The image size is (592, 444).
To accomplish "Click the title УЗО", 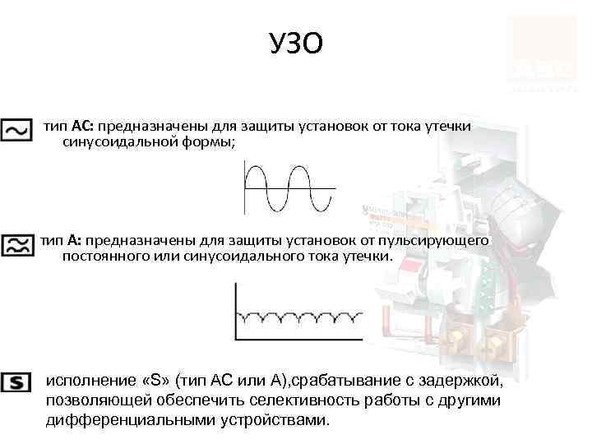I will click(296, 43).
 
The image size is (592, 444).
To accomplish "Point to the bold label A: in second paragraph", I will click(73, 240).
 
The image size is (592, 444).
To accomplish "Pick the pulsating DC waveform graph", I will click(291, 312).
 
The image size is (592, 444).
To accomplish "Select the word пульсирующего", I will click(444, 240).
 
